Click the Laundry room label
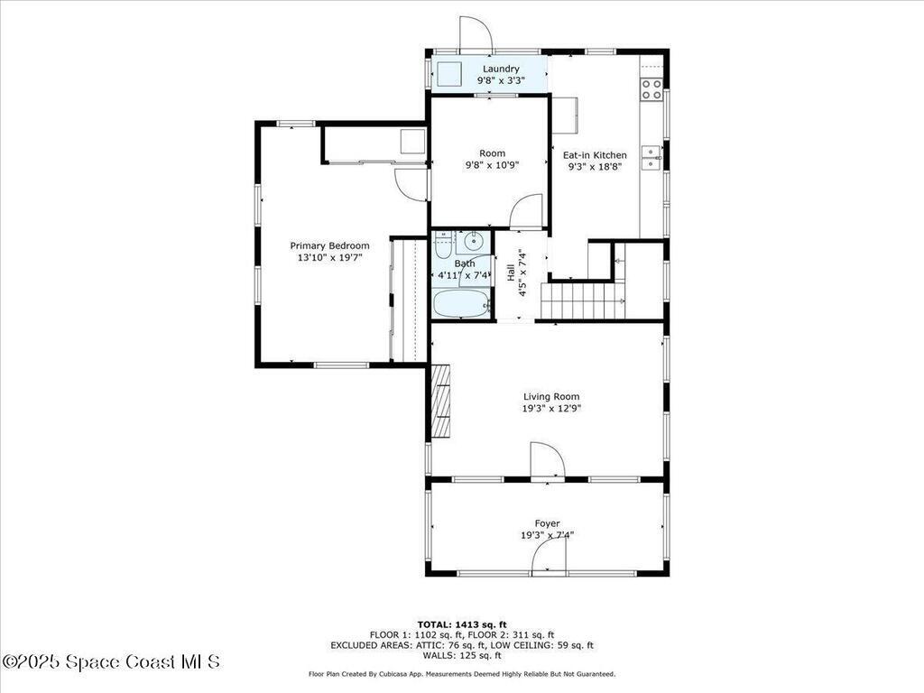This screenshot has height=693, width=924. tap(501, 69)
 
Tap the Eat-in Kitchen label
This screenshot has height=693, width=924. tap(595, 155)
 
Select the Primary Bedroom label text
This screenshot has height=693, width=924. tap(329, 245)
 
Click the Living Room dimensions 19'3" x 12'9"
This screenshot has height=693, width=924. tap(551, 408)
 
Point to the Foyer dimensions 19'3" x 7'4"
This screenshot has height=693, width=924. tap(547, 535)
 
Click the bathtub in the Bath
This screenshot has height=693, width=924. tap(460, 303)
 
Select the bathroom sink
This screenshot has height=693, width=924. tap(472, 242)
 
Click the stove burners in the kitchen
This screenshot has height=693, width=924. tap(651, 89)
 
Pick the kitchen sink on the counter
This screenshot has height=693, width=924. tap(651, 157)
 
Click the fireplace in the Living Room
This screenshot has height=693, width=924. tap(440, 401)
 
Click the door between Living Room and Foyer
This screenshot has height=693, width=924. tap(547, 461)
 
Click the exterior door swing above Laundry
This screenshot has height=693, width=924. tap(475, 34)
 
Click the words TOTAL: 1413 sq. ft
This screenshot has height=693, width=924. tap(462, 624)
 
